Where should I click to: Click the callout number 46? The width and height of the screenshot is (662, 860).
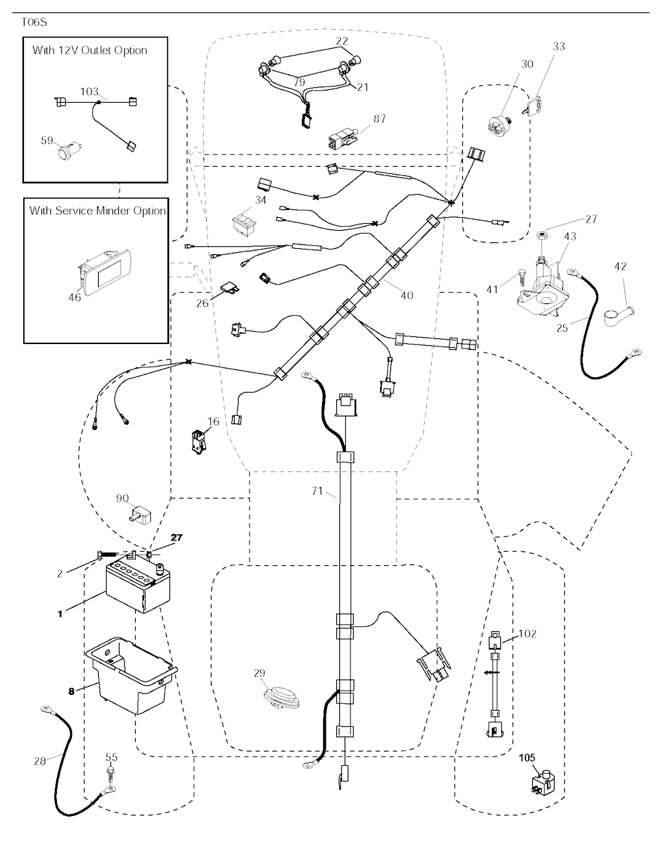[x=75, y=297]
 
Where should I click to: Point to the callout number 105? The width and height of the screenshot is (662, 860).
[x=528, y=758]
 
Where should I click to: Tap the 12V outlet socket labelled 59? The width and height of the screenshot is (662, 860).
[x=67, y=153]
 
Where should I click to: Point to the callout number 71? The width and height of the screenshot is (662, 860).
[x=317, y=491]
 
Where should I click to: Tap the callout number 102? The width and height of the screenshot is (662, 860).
[x=528, y=634]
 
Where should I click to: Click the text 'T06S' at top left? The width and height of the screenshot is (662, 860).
[x=34, y=22]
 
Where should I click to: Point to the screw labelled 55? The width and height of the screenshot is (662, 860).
[x=112, y=773]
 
